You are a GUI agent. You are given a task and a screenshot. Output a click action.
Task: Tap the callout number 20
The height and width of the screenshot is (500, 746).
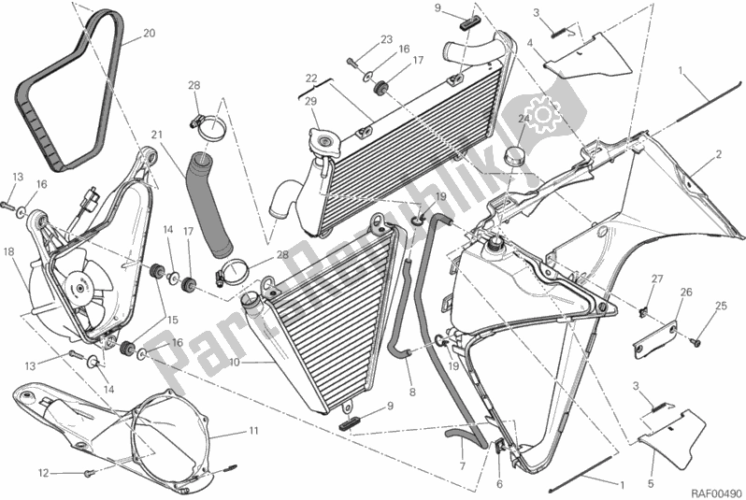(x=149, y=35)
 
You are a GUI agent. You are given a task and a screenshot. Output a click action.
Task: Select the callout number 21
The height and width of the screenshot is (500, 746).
(x=157, y=134)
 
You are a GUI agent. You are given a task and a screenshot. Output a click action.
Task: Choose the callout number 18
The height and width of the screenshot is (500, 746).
(x=7, y=251)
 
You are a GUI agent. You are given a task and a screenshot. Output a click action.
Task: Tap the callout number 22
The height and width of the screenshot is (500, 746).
(x=311, y=78)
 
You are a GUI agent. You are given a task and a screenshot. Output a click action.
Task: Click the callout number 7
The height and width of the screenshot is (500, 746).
(x=461, y=465)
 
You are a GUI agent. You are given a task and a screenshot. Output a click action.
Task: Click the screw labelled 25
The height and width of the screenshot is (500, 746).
(x=696, y=341)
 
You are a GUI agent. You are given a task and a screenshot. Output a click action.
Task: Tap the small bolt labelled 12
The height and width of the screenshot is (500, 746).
(x=87, y=474)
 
